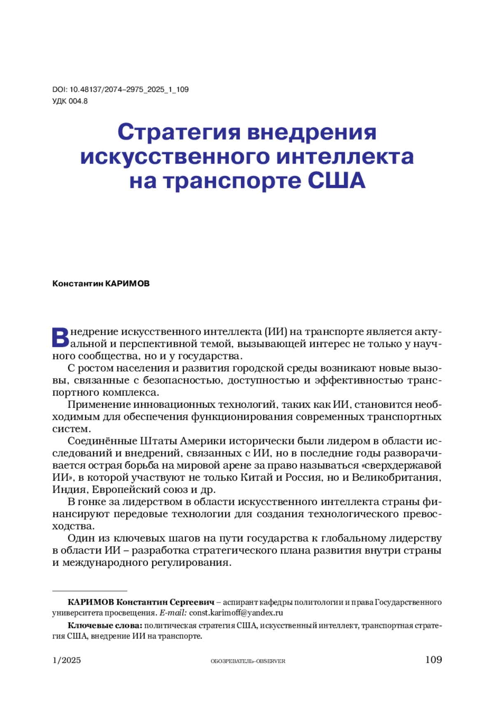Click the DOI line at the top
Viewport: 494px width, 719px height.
point(120,89)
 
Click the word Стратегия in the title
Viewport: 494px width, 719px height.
point(178,132)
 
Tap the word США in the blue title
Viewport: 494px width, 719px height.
point(336,181)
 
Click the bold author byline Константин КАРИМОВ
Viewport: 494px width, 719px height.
point(101,284)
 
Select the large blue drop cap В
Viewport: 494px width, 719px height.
point(60,337)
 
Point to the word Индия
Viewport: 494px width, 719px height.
point(69,490)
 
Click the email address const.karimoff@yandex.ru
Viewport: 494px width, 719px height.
point(236,613)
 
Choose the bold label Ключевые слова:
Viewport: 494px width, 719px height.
point(105,626)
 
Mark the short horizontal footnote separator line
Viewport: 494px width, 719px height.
point(90,591)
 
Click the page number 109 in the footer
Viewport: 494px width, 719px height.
point(433,660)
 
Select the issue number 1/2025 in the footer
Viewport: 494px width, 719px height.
point(67,661)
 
